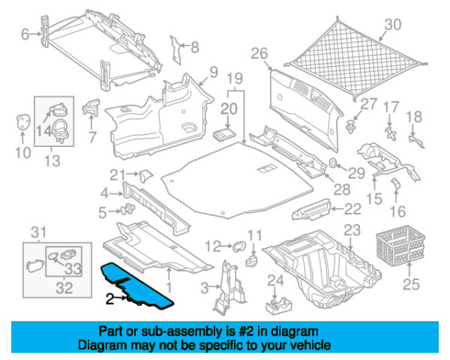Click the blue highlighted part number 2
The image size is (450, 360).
(x=138, y=286)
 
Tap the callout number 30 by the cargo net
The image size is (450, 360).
(x=392, y=25)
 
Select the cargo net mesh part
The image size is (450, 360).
(x=355, y=58)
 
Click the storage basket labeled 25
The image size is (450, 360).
(x=400, y=245)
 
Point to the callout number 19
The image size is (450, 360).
(x=235, y=79)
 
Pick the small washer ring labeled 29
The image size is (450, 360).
(x=332, y=163)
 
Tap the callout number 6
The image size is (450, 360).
(x=25, y=34)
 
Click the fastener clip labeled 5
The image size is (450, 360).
(x=128, y=209)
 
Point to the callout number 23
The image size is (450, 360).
(x=352, y=230)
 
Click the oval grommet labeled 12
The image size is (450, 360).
(x=239, y=246)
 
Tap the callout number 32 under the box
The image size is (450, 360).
(x=64, y=288)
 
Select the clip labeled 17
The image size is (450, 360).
(x=390, y=133)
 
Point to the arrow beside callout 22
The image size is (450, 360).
(x=337, y=209)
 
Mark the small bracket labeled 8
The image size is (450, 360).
(x=175, y=50)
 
